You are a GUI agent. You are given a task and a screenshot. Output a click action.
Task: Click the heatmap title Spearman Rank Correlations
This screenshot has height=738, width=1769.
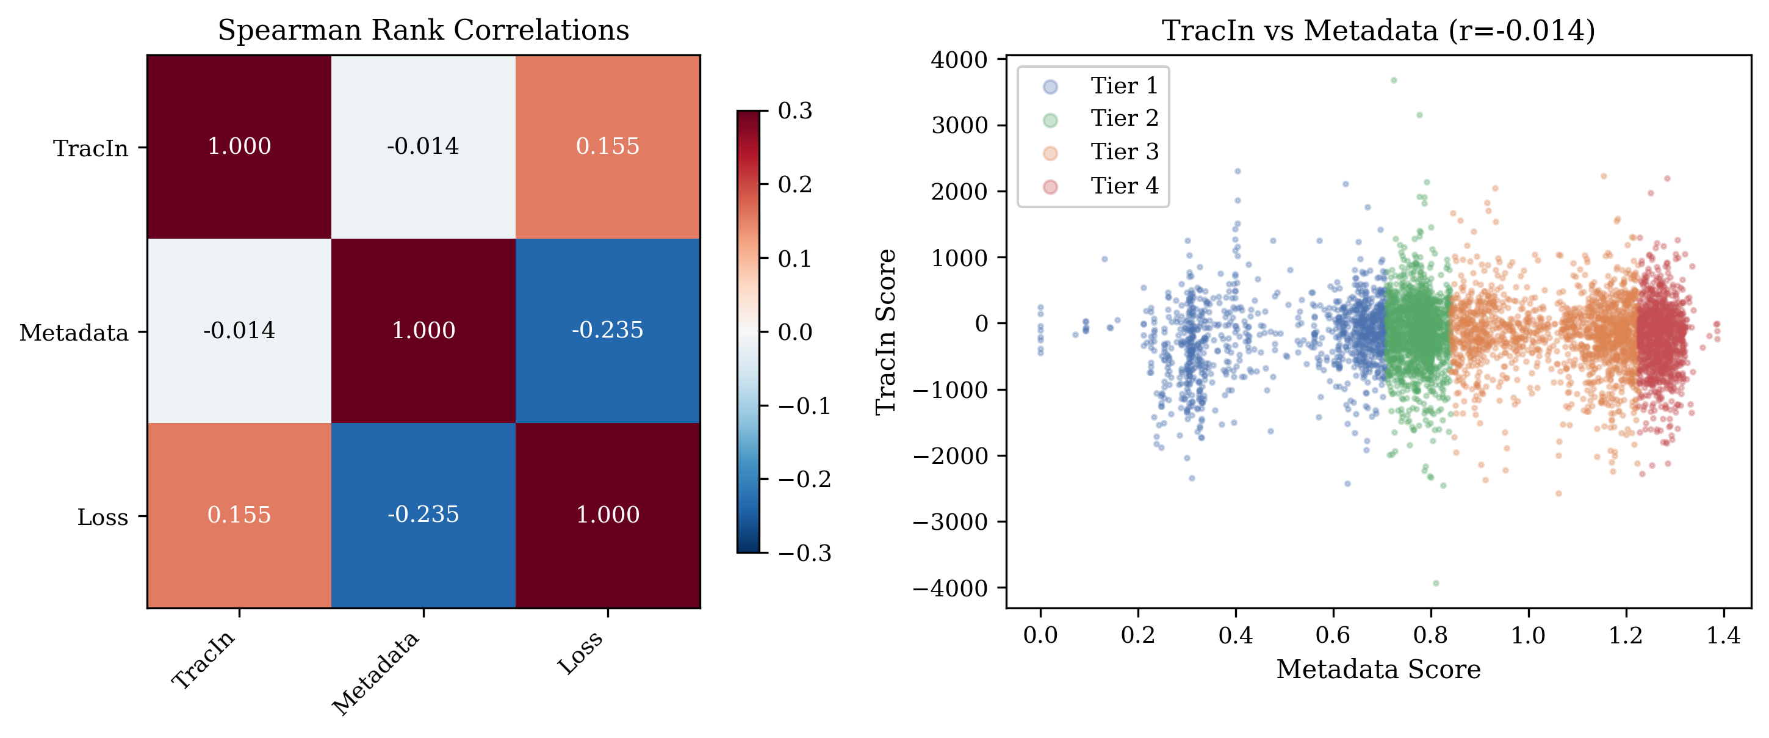[x=423, y=31]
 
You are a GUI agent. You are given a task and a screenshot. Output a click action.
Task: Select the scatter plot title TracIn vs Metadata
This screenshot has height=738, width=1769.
[x=1378, y=31]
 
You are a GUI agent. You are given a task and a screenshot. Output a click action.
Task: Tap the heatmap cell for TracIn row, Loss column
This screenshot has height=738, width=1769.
[x=608, y=147]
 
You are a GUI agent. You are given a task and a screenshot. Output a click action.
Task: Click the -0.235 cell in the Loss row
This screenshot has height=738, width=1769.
[x=423, y=515]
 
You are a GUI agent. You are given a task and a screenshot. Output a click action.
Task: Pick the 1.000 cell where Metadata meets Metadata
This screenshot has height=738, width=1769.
[x=423, y=330]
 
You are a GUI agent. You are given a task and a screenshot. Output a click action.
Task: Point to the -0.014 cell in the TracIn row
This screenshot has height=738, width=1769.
[x=423, y=147]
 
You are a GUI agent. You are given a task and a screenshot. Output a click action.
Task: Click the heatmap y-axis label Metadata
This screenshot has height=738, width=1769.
[x=74, y=333]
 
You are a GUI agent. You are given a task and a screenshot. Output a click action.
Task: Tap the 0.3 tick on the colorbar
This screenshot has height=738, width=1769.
[x=795, y=110]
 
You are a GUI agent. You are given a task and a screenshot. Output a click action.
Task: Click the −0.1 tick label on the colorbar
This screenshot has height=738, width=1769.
[x=804, y=406]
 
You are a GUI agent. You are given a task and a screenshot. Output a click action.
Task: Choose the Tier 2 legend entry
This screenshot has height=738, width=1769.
[x=1123, y=119]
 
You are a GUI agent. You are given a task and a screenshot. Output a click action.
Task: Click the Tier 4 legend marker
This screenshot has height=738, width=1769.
[x=1050, y=186]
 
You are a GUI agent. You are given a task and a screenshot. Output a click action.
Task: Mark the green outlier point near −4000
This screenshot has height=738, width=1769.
[x=1435, y=584]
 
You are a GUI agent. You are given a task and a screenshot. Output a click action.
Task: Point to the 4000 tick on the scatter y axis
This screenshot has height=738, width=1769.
[x=959, y=60]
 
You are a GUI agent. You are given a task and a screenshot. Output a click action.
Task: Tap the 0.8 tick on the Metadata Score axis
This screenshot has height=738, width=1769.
[x=1430, y=635]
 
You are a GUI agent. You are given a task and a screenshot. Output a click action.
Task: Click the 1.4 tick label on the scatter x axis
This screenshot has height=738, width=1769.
[x=1723, y=635]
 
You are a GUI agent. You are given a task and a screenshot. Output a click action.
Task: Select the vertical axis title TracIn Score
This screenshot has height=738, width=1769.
[x=886, y=331]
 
